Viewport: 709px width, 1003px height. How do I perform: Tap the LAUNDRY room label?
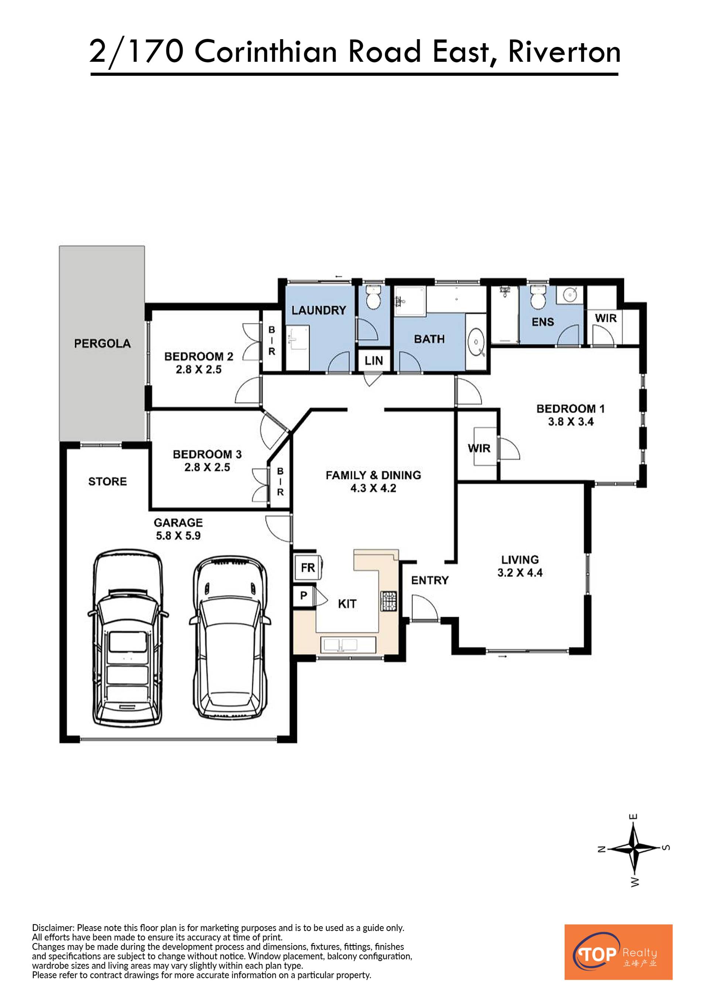click(x=319, y=310)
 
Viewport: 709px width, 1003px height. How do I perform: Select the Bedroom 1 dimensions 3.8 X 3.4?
click(x=571, y=422)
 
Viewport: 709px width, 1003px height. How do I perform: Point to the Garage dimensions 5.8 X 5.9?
click(x=178, y=536)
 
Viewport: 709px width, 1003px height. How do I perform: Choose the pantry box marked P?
click(x=304, y=595)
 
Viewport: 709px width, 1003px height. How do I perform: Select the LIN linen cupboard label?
click(x=374, y=361)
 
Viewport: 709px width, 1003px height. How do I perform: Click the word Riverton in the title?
click(x=564, y=52)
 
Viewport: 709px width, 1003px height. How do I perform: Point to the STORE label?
click(x=107, y=481)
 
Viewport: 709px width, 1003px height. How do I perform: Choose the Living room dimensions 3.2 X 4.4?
click(x=520, y=573)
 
